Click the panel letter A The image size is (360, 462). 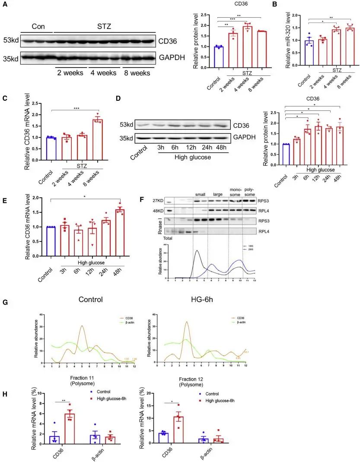pyautogui.click(x=5, y=4)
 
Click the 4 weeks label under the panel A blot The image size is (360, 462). pyautogui.click(x=103, y=72)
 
